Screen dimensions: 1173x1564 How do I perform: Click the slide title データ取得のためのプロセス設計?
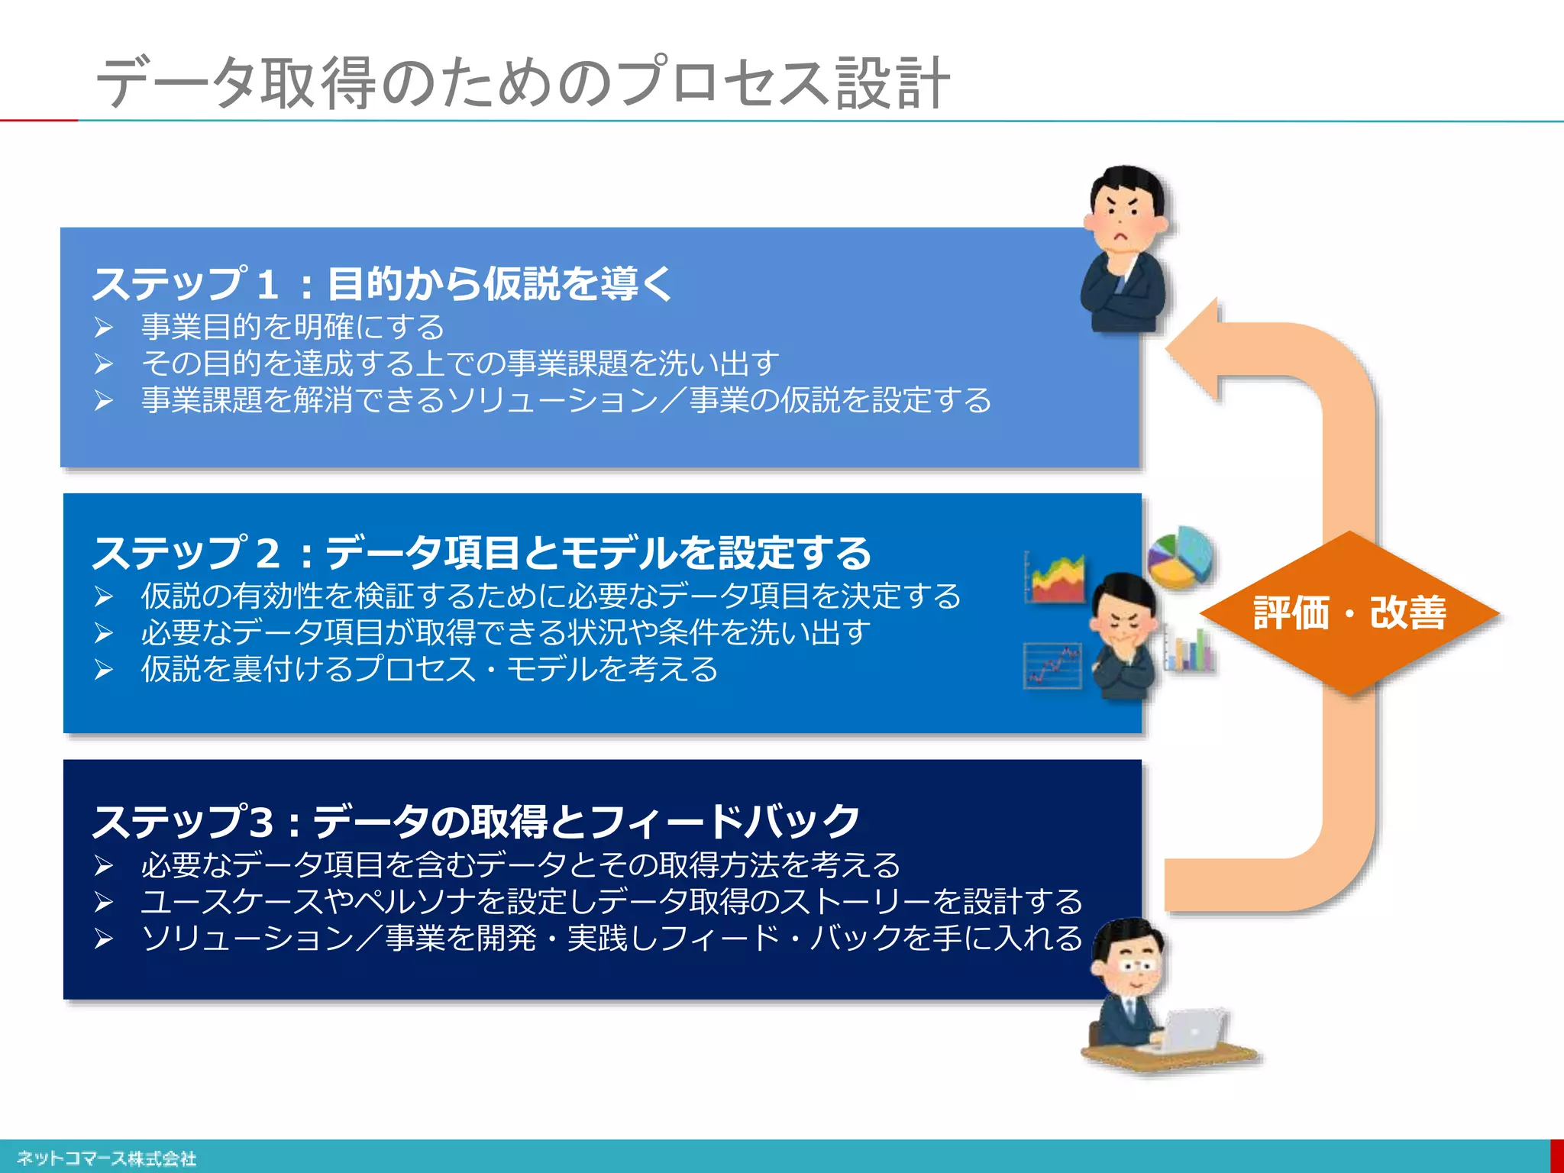click(x=522, y=82)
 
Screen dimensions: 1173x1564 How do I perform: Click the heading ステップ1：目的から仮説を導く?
click(x=382, y=283)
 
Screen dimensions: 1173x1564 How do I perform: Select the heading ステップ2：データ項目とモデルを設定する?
click(x=481, y=552)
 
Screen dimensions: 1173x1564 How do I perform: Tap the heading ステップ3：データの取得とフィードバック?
click(x=475, y=821)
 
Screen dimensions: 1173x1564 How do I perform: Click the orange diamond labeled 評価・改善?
click(x=1349, y=613)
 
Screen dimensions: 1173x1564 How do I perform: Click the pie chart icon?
click(x=1181, y=557)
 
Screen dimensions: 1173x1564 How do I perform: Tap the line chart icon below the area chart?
click(x=1053, y=665)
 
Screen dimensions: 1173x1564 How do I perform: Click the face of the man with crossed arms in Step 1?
click(x=1122, y=218)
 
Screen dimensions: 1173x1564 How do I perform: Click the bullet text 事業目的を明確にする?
click(x=292, y=327)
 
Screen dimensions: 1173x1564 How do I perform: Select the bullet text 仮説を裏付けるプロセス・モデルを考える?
click(x=429, y=669)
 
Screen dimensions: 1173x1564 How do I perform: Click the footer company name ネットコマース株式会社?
click(x=106, y=1158)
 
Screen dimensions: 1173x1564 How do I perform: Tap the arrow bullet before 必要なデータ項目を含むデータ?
click(x=104, y=865)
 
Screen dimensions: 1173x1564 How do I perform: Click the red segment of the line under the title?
click(x=38, y=120)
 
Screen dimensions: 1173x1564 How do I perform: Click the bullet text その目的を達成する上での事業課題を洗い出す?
click(x=460, y=364)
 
